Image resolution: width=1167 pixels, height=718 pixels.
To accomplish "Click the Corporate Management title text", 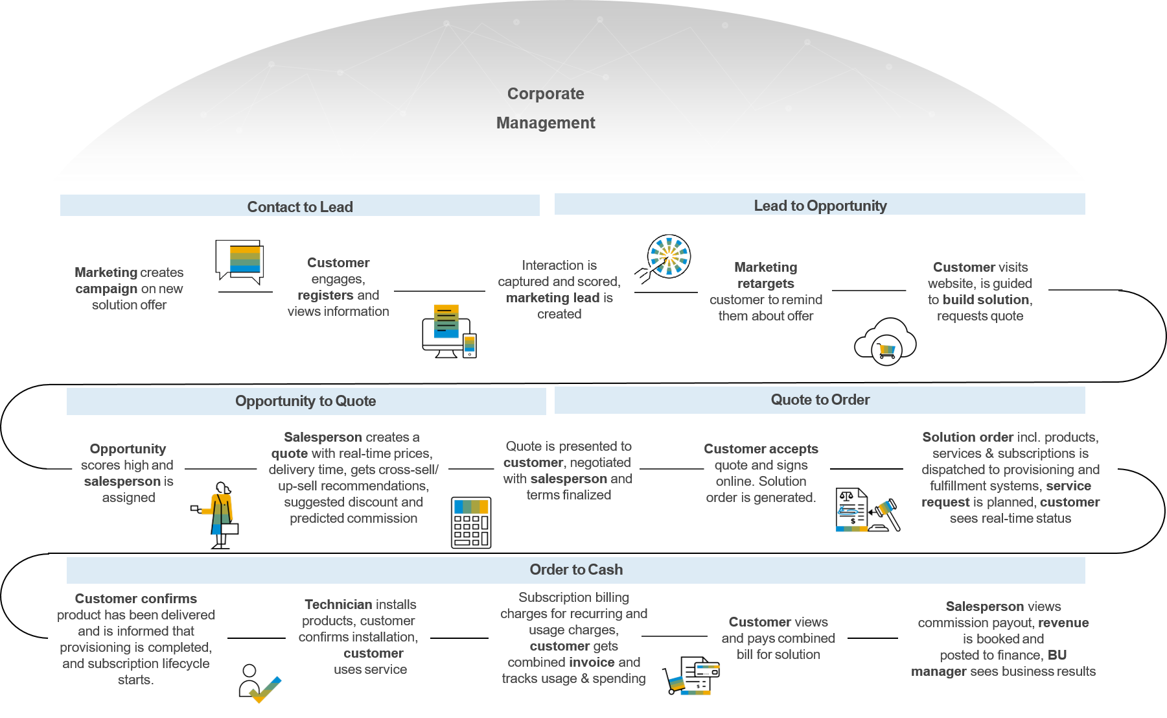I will pos(546,108).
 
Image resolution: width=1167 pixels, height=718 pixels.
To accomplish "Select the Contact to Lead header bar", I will pos(300,206).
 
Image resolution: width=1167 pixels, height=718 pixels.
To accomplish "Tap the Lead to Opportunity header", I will pos(820,205).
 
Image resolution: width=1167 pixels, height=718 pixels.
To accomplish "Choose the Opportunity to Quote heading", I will pos(306,401).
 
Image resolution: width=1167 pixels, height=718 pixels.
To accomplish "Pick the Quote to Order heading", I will pos(820,400).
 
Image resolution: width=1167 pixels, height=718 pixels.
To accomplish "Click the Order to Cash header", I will pos(575,569).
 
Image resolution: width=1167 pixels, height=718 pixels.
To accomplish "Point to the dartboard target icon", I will pos(666,257).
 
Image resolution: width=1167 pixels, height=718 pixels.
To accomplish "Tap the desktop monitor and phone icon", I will pos(449,331).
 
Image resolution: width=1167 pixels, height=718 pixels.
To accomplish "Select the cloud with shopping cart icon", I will pos(885,341).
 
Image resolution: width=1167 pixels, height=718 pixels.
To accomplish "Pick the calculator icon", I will pos(471,523).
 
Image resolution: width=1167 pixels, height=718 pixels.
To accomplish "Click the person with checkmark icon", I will pos(259,684).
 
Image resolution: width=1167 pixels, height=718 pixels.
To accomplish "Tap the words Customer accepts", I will pos(761,449).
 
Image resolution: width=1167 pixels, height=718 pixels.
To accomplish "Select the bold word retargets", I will pos(765,283).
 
